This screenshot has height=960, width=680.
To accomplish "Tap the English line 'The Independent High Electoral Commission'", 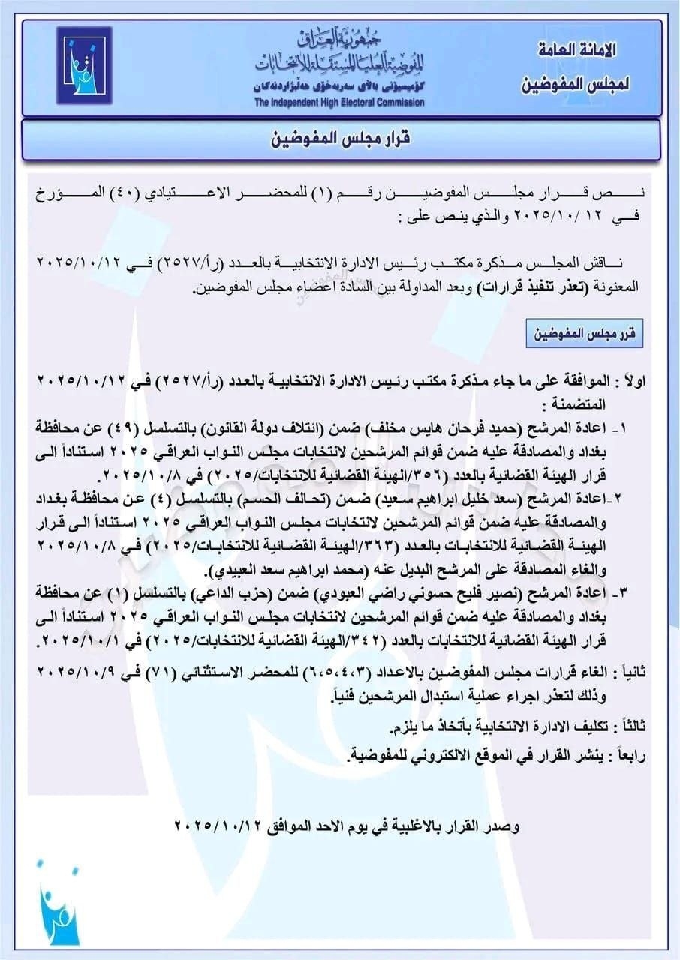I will tap(338, 103).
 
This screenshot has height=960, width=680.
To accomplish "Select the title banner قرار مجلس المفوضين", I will tap(340, 139).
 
